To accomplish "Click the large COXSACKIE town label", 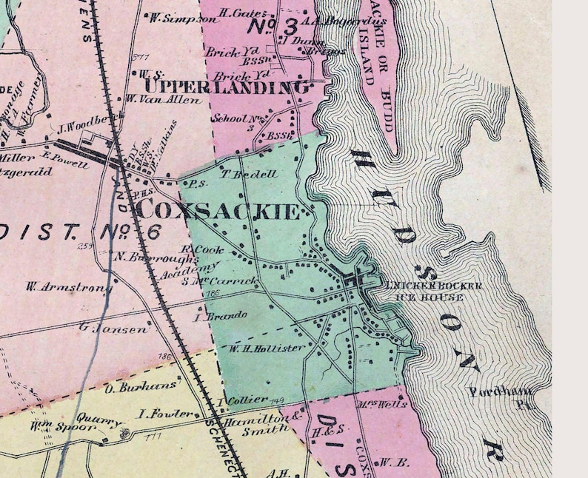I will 220,211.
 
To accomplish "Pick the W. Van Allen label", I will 153,98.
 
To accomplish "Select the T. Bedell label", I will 238,175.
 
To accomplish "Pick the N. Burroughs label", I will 157,258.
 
